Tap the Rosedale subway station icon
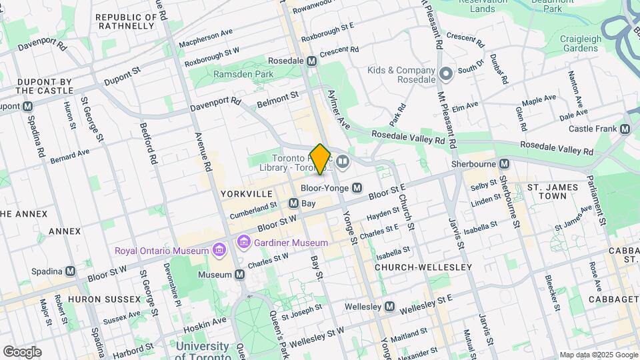tap(311, 61)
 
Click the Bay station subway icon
tap(293, 203)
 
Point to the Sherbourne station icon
tap(505, 163)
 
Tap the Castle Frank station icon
tap(625, 129)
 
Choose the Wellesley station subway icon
tap(390, 307)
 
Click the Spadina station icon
tap(70, 271)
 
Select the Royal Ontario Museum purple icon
tap(218, 251)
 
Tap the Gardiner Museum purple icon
tap(243, 242)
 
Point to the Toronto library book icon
tap(342, 161)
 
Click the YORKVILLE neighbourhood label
tap(247, 193)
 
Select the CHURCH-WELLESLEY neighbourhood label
tap(423, 267)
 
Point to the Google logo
tap(22, 351)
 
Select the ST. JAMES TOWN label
tap(552, 192)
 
